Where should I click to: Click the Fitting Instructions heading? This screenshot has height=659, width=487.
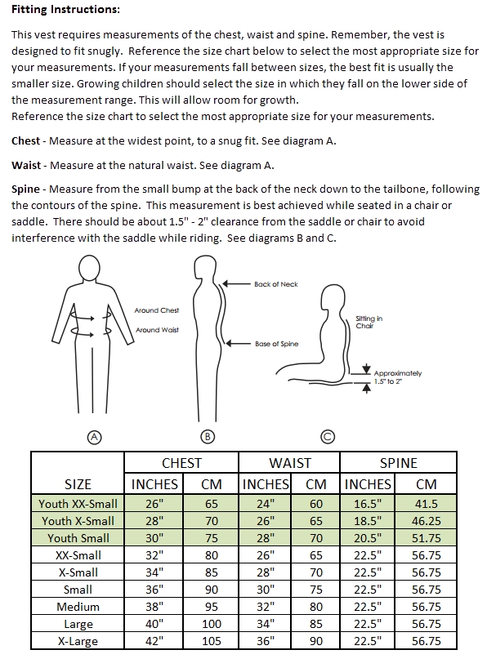click(65, 11)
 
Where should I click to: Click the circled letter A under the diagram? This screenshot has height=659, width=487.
click(94, 437)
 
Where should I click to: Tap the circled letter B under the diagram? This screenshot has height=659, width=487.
click(208, 437)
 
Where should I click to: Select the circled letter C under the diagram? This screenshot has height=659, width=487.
click(327, 437)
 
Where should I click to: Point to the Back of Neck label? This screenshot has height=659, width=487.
click(276, 284)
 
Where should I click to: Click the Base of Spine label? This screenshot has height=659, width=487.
click(276, 344)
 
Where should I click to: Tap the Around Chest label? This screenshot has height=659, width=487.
click(157, 310)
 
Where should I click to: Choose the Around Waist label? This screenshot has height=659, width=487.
click(157, 330)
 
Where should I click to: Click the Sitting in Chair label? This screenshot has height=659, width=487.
click(369, 322)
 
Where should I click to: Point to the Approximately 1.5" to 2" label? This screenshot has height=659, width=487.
click(398, 377)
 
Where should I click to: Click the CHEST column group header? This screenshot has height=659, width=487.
click(181, 463)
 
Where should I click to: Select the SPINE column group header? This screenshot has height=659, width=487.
click(398, 463)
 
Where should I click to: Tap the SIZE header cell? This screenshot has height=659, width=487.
click(78, 484)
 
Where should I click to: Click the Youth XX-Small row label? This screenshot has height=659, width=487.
click(78, 504)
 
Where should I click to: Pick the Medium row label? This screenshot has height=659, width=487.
click(78, 607)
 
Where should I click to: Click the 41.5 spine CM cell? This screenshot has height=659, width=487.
click(426, 504)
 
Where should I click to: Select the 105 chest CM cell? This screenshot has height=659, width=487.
click(212, 641)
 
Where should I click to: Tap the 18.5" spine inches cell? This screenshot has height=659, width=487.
click(367, 521)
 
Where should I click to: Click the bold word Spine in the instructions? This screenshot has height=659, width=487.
click(27, 189)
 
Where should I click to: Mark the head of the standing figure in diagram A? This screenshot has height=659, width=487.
click(91, 268)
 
